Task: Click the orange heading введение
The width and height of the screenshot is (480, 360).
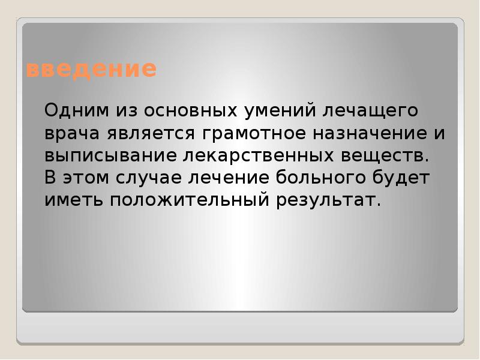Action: (x=91, y=70)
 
